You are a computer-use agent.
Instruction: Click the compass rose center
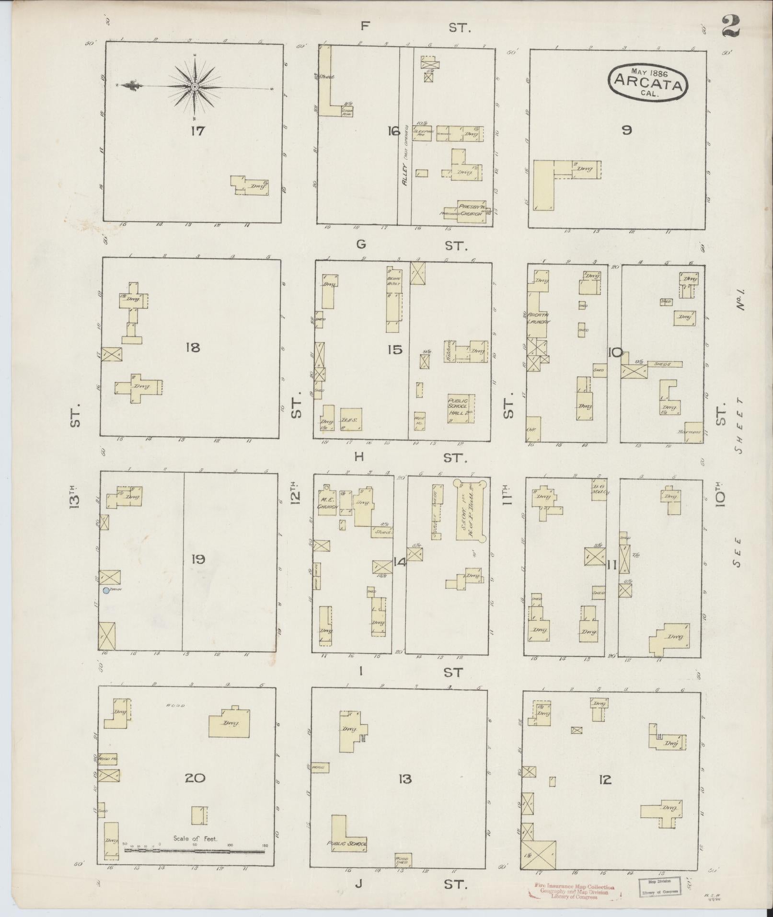[x=195, y=87]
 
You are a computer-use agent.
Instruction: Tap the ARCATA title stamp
[x=647, y=81]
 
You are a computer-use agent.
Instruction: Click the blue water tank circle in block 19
[x=106, y=590]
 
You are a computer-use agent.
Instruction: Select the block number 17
[x=197, y=130]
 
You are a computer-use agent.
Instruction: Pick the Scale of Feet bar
[x=195, y=851]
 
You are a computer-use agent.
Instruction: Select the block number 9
[x=626, y=129]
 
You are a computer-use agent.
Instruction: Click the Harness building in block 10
[x=693, y=432]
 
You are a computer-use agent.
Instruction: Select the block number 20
[x=195, y=778]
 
